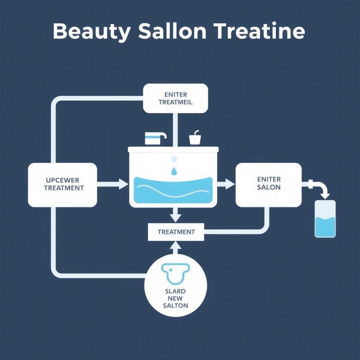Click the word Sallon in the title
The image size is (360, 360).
point(172,32)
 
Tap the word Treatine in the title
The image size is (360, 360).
point(259,32)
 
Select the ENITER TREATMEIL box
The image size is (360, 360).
point(175,98)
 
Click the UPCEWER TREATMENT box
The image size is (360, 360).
point(63,185)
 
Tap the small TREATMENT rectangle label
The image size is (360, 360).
point(176,232)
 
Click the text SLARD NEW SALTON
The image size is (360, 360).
point(175,298)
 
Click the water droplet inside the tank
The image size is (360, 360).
point(174,171)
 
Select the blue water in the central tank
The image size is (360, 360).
point(173,190)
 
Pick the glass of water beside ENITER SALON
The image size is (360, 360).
point(325,219)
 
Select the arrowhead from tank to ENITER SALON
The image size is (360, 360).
point(230,184)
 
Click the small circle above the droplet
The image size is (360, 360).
point(174,159)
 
